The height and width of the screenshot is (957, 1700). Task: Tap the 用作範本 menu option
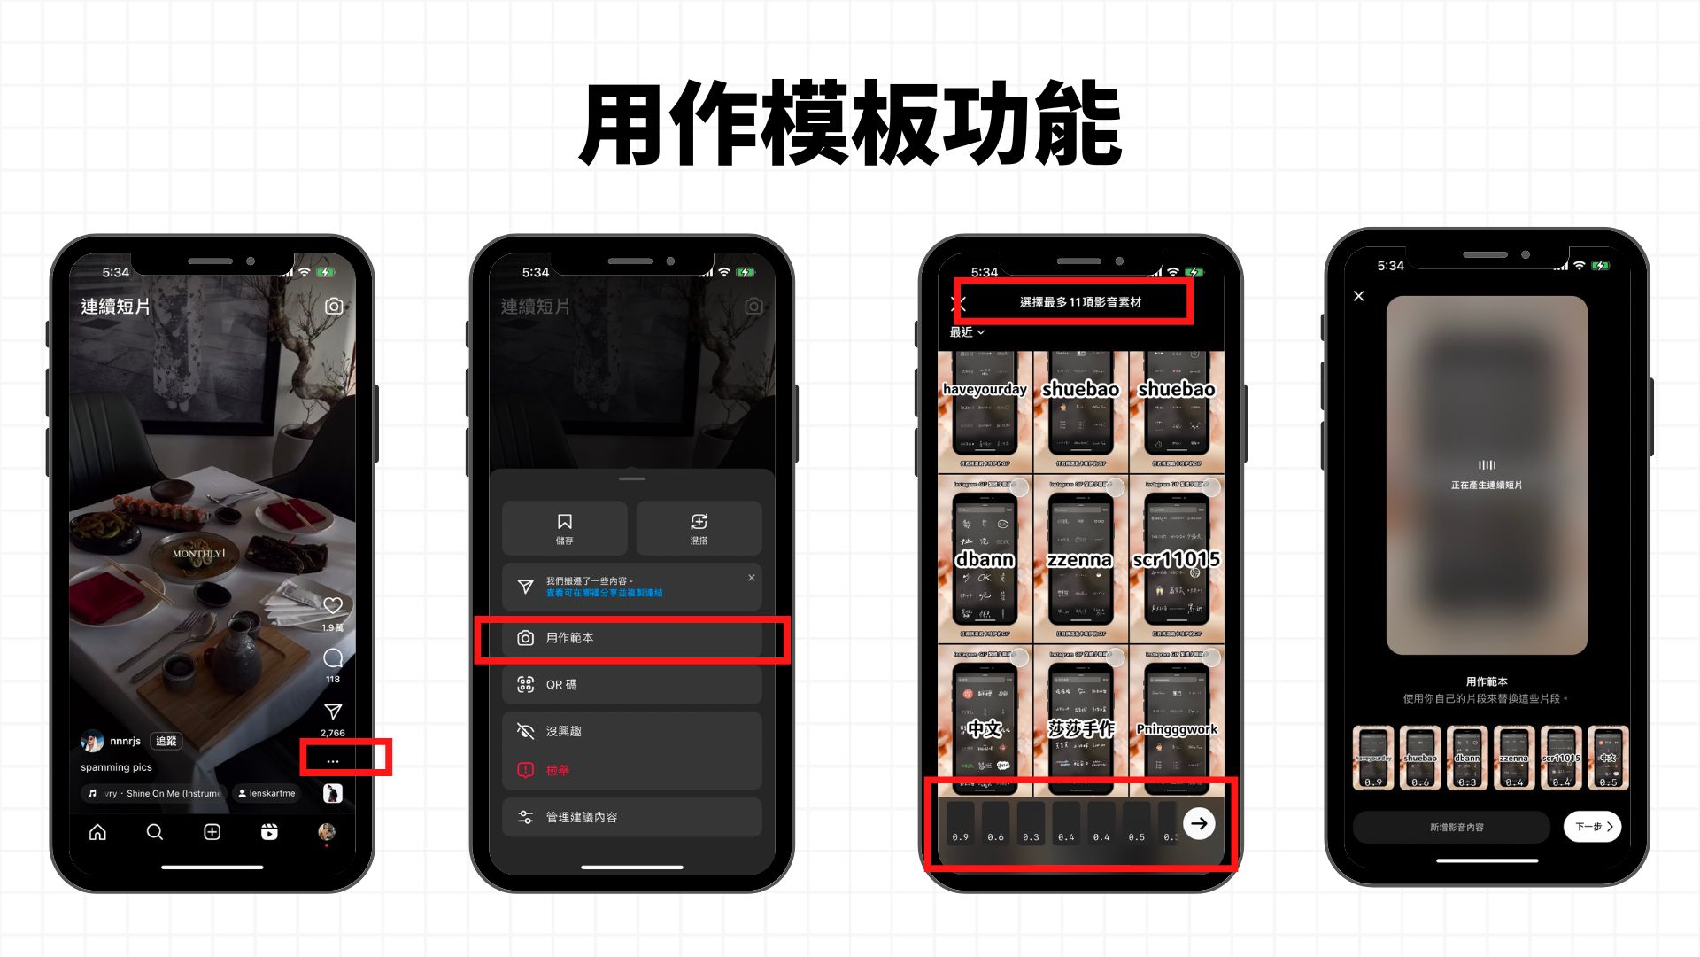tap(631, 638)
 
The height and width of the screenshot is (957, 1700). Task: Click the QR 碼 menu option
tap(631, 685)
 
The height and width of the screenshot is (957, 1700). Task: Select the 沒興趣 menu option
tap(631, 731)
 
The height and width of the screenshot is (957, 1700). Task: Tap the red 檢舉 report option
tap(631, 770)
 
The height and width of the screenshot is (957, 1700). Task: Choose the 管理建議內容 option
tap(631, 817)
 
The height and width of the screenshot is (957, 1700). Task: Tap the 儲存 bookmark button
tap(565, 527)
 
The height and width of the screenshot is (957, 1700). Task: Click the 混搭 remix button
tap(699, 527)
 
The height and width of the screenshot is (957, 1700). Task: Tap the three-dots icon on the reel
tap(333, 761)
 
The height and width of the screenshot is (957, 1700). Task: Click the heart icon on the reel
tap(333, 605)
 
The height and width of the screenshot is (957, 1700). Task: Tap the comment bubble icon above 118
tap(333, 657)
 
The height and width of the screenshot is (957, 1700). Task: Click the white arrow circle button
tap(1199, 823)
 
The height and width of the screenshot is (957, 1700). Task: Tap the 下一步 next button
tap(1592, 827)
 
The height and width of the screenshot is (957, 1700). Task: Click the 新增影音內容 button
tap(1456, 827)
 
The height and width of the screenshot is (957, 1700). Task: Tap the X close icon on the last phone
tap(1359, 296)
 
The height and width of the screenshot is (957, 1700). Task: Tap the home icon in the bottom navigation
tap(98, 832)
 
